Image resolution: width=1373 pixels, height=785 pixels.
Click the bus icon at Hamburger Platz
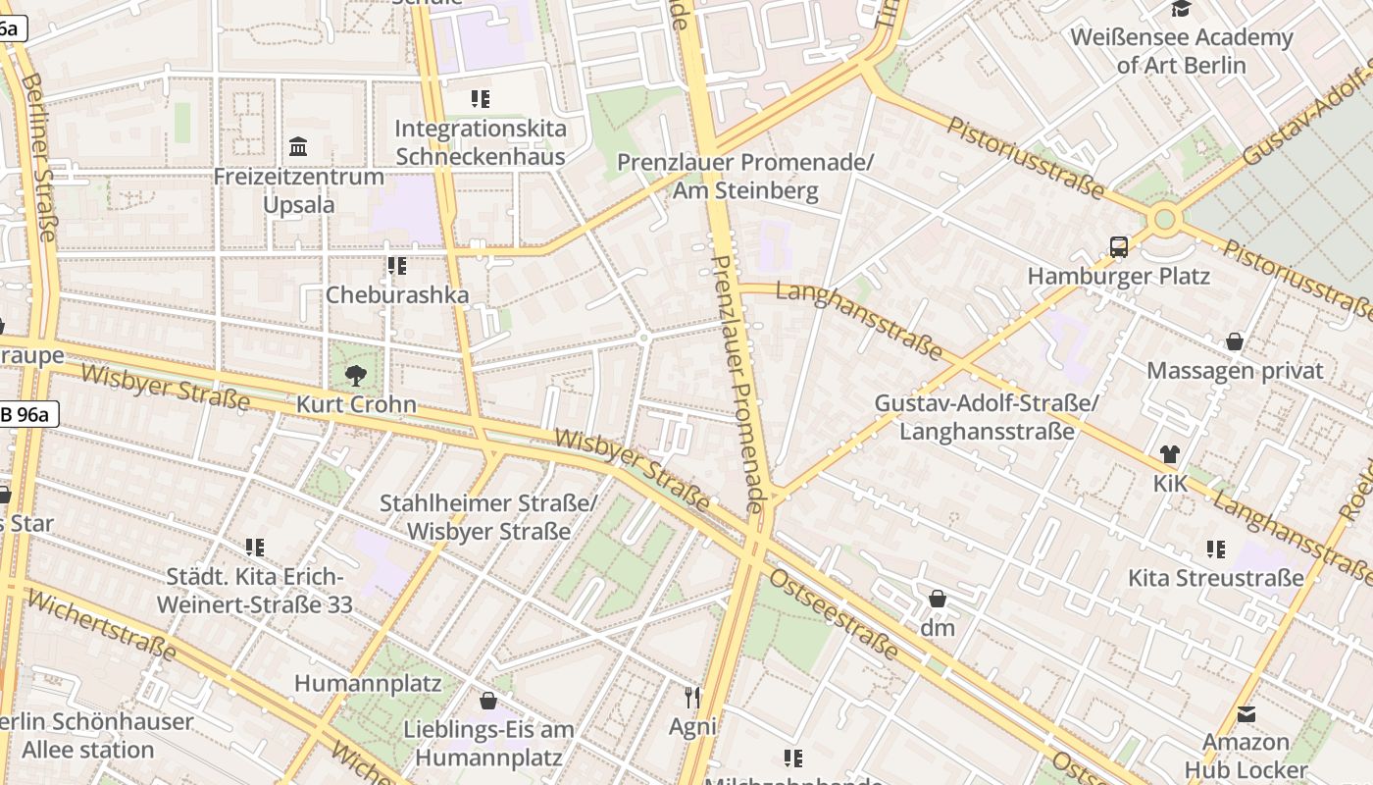[x=1119, y=247]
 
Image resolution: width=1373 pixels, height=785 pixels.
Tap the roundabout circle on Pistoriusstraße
[x=1164, y=218]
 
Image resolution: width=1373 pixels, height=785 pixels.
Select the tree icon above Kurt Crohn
[x=355, y=374]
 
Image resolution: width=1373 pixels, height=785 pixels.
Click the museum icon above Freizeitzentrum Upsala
[x=298, y=148]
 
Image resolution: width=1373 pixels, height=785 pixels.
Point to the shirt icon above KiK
[x=1169, y=454]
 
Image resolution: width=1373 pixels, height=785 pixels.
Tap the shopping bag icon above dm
[x=938, y=598]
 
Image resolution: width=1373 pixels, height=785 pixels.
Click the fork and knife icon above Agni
[x=692, y=698]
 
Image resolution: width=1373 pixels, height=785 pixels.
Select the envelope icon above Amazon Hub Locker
[x=1246, y=713]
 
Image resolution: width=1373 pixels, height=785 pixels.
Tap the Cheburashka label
[x=397, y=294]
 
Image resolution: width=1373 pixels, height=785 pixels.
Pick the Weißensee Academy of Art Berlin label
[x=1181, y=51]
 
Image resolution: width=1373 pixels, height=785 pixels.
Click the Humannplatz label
[x=368, y=683]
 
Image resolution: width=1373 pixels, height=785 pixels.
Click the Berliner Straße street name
[x=38, y=156]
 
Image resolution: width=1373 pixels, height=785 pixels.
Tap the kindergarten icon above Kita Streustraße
[x=1216, y=549]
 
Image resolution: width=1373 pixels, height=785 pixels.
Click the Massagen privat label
[x=1235, y=371]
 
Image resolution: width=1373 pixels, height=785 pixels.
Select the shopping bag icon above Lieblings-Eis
[x=488, y=701]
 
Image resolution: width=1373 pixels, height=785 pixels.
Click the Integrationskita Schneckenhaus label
[x=480, y=142]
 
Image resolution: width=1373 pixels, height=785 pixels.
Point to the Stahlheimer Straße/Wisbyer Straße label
[x=488, y=517]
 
